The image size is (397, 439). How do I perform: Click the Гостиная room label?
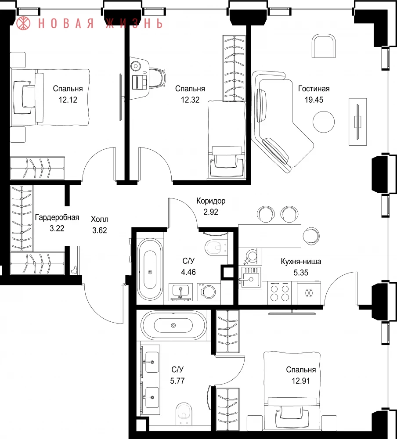tap(314, 89)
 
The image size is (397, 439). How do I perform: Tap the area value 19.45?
tap(314, 100)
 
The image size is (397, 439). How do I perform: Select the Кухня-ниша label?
tap(301, 262)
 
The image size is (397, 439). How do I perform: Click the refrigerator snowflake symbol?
tap(308, 293)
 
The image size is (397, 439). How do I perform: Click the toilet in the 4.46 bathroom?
tap(216, 248)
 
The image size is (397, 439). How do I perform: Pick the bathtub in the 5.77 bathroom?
tap(173, 325)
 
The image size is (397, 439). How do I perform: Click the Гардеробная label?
tap(57, 218)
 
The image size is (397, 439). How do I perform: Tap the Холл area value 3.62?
tap(99, 230)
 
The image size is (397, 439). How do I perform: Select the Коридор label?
tap(211, 201)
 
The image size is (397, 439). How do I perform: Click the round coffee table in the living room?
tap(324, 122)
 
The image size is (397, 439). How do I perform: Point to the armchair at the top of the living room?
tap(324, 46)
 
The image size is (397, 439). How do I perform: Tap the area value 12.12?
tap(68, 100)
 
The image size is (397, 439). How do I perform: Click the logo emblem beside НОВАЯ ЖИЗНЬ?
tap(23, 23)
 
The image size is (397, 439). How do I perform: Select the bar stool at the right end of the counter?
tap(311, 235)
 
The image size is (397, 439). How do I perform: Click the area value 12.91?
tap(301, 381)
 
